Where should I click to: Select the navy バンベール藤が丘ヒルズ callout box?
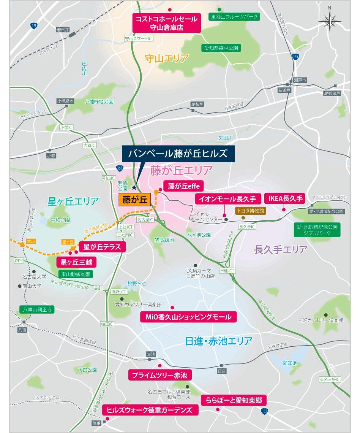click(178, 154)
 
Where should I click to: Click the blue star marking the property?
click(134, 187)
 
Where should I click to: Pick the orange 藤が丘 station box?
click(135, 199)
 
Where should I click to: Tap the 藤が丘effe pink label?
click(183, 186)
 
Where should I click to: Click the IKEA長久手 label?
click(286, 198)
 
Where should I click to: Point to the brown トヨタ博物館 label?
click(250, 210)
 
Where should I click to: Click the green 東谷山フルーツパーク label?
click(234, 17)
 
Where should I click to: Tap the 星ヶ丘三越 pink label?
click(76, 262)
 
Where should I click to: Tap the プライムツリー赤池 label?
click(159, 375)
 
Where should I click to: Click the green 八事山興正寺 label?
click(37, 310)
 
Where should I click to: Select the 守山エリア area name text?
click(167, 58)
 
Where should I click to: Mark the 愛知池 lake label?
click(290, 363)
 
